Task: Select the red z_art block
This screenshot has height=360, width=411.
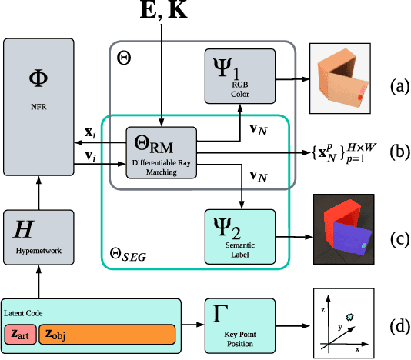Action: point(21,335)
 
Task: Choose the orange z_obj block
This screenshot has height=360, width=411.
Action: point(106,335)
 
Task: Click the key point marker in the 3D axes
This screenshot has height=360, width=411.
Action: point(352,316)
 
